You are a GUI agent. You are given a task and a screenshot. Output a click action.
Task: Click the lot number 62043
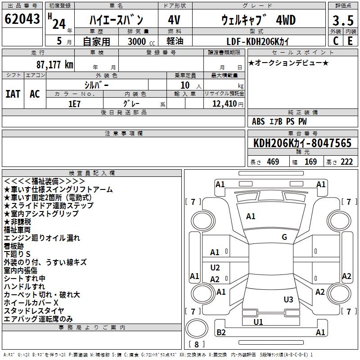click(x=22, y=19)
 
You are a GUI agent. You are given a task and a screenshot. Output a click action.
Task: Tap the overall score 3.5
click(x=343, y=20)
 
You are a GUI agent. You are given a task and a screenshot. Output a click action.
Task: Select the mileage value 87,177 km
click(x=55, y=64)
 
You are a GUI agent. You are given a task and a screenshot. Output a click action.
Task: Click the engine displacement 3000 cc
click(x=141, y=41)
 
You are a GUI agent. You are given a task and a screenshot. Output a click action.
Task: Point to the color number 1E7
click(x=74, y=104)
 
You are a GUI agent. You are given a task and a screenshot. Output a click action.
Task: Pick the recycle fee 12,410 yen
click(x=228, y=104)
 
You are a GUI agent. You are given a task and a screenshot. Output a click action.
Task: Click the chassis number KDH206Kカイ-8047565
click(x=302, y=143)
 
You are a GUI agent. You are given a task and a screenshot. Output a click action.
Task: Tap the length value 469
click(x=273, y=162)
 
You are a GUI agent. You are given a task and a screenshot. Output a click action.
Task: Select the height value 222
click(x=346, y=162)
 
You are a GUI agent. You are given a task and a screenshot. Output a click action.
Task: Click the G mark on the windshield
click(x=284, y=237)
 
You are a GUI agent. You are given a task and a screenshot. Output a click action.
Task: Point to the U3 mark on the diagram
click(x=288, y=299)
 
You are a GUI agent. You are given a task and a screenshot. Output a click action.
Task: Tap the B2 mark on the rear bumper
click(x=221, y=332)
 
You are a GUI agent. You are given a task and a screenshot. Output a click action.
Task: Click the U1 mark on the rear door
click(x=258, y=322)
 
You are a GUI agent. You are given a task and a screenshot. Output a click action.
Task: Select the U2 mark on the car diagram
click(x=215, y=267)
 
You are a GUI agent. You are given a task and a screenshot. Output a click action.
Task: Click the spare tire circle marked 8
click(x=197, y=328)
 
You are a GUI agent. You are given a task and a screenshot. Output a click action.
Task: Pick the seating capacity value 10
click(x=185, y=85)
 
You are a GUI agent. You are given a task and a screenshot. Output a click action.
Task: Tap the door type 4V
click(x=174, y=20)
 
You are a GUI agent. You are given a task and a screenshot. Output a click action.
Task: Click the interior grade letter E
click(x=350, y=41)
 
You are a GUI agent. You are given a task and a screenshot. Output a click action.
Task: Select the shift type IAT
click(x=13, y=94)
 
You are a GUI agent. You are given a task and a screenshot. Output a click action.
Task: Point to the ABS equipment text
click(x=258, y=121)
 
